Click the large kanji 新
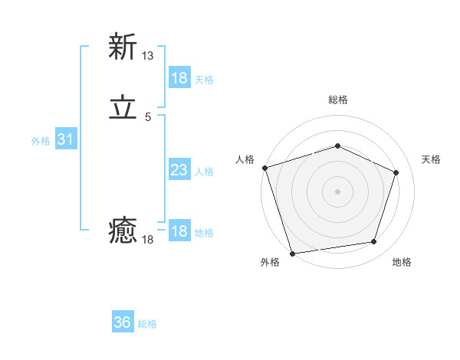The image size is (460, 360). tap(123, 47)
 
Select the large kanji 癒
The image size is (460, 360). tap(123, 231)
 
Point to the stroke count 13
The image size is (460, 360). tap(148, 56)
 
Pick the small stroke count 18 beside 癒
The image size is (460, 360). tap(148, 240)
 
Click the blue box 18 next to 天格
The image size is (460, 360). tap(179, 78)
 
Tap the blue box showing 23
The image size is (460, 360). tap(179, 170)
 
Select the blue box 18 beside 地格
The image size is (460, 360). tap(179, 231)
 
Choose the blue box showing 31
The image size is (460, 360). tap(65, 139)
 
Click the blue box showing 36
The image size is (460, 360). tap(123, 322)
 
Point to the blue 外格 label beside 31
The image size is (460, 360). tap(41, 141)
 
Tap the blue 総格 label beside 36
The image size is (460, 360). tap(147, 324)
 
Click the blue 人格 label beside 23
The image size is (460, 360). tap(205, 172)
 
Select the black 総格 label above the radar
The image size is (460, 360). tap(337, 100)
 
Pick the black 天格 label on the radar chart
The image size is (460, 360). tap(431, 159)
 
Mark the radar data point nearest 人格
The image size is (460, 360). tap(264, 168)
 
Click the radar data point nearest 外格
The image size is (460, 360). tap(292, 253)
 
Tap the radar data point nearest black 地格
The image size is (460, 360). tap(374, 242)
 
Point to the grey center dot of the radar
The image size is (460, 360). tap(337, 191)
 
